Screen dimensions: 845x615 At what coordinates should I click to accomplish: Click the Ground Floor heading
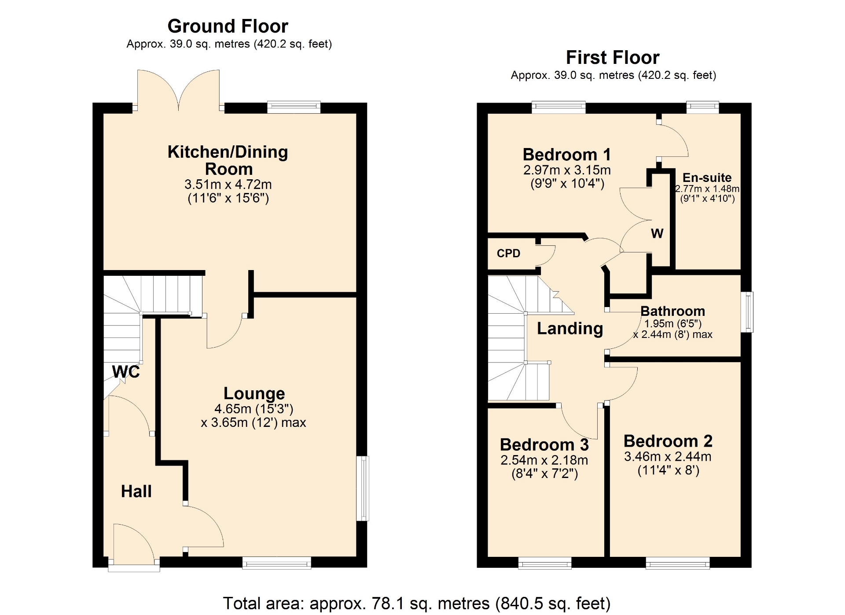(228, 26)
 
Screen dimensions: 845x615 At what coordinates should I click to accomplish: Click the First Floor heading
(613, 58)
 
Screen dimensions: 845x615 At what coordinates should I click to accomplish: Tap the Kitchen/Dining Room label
(228, 160)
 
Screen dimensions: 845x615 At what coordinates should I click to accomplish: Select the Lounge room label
(254, 393)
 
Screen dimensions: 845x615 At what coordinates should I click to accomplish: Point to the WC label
(126, 372)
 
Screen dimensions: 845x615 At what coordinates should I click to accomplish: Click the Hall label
(136, 491)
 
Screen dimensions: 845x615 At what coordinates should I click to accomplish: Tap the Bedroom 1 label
(567, 155)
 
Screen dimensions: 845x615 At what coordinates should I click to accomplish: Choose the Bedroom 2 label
(668, 441)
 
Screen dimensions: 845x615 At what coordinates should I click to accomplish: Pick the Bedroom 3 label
(544, 445)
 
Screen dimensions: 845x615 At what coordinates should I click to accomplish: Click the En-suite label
(707, 178)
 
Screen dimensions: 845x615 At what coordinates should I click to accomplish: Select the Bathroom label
(672, 311)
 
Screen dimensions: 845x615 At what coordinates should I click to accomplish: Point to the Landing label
(570, 329)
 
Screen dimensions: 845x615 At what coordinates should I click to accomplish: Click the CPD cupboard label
(508, 253)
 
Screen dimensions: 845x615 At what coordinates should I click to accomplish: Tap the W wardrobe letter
(657, 233)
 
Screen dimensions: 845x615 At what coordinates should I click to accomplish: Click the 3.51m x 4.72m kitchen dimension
(228, 184)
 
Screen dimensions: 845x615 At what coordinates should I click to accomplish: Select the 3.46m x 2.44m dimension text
(668, 456)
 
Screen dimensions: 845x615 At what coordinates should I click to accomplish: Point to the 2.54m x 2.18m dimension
(544, 460)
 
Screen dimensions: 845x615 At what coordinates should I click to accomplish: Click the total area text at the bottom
(417, 603)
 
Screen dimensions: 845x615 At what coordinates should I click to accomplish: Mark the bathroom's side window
(747, 312)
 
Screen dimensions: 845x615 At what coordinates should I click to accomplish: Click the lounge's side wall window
(362, 489)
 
